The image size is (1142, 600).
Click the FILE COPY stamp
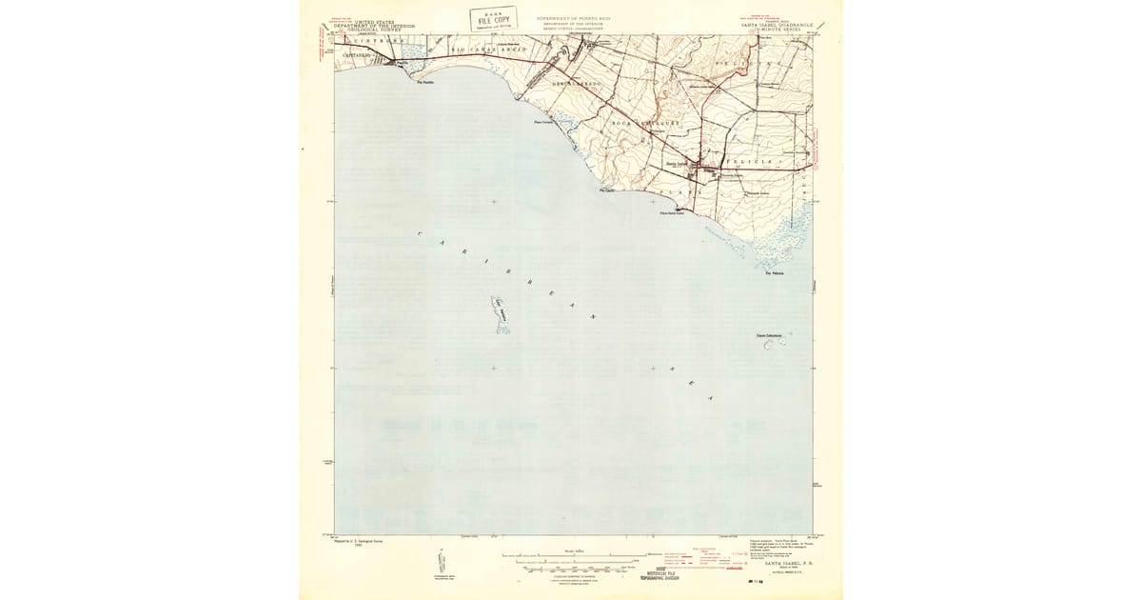[494, 19]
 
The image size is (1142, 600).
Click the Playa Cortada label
[543, 122]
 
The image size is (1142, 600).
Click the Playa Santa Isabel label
[673, 212]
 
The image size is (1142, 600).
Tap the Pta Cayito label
[606, 190]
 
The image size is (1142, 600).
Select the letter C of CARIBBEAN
[420, 233]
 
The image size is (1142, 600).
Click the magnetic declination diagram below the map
[441, 563]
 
